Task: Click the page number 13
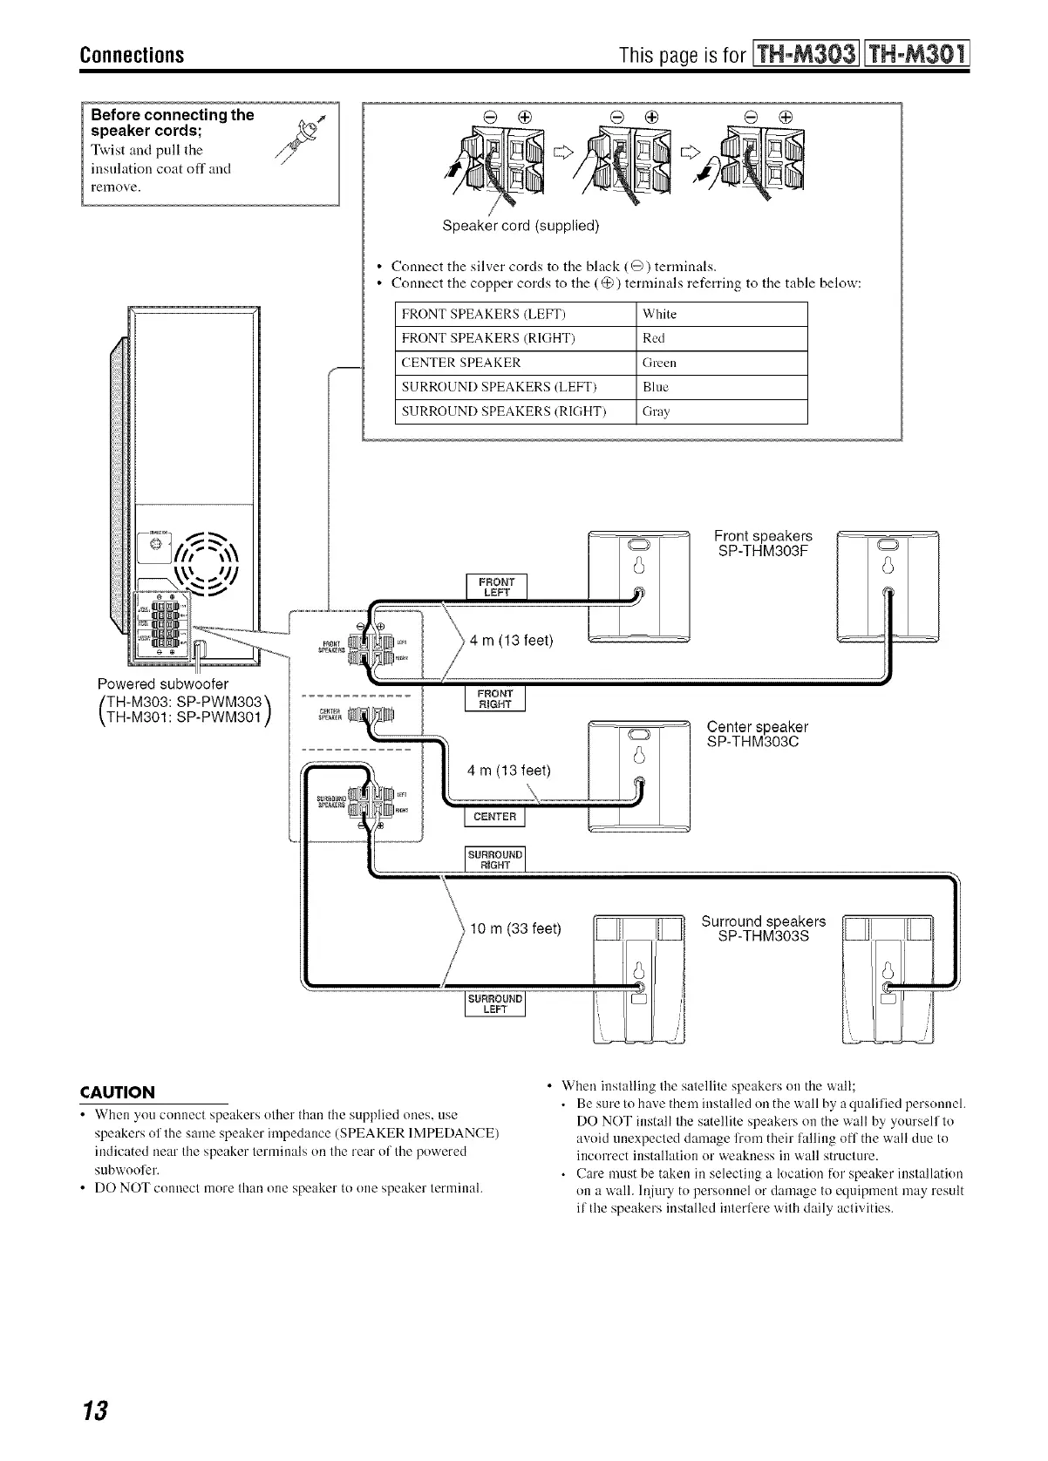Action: coord(95,1410)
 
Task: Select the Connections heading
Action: coord(132,55)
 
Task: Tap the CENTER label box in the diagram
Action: coord(495,818)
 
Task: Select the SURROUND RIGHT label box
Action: coord(495,860)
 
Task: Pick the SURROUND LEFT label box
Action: coord(495,1004)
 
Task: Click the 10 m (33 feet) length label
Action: coord(515,928)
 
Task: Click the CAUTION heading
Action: coord(118,1092)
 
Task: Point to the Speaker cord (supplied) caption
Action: coord(521,226)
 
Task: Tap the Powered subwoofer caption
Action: coord(163,683)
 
